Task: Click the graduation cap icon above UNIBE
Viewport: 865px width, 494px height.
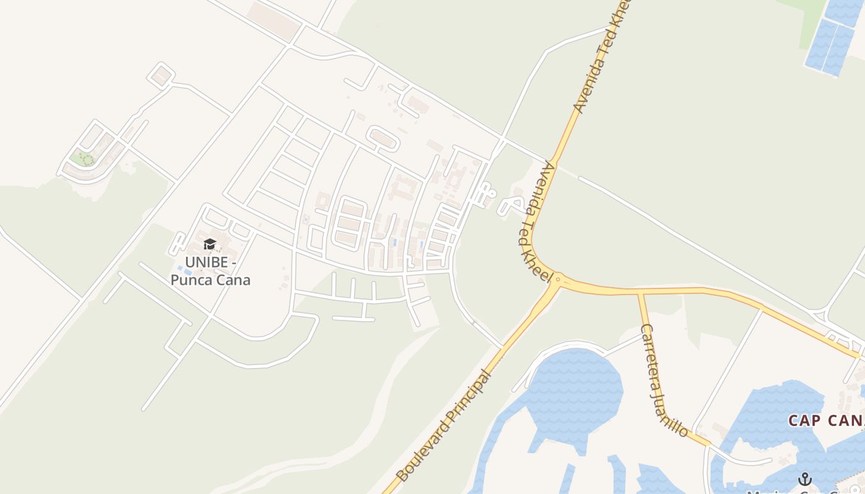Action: [x=209, y=245]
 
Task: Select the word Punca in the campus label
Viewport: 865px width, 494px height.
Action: [x=192, y=280]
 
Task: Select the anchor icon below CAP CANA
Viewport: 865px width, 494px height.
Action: [x=804, y=479]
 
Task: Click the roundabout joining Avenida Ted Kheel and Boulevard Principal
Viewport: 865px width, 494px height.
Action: [x=557, y=280]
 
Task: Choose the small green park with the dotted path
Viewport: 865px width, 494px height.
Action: [x=83, y=159]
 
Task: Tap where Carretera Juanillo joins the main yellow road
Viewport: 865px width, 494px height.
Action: [x=640, y=293]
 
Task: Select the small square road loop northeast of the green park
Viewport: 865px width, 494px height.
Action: [x=161, y=75]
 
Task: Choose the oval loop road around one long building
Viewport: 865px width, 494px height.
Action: [x=382, y=138]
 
